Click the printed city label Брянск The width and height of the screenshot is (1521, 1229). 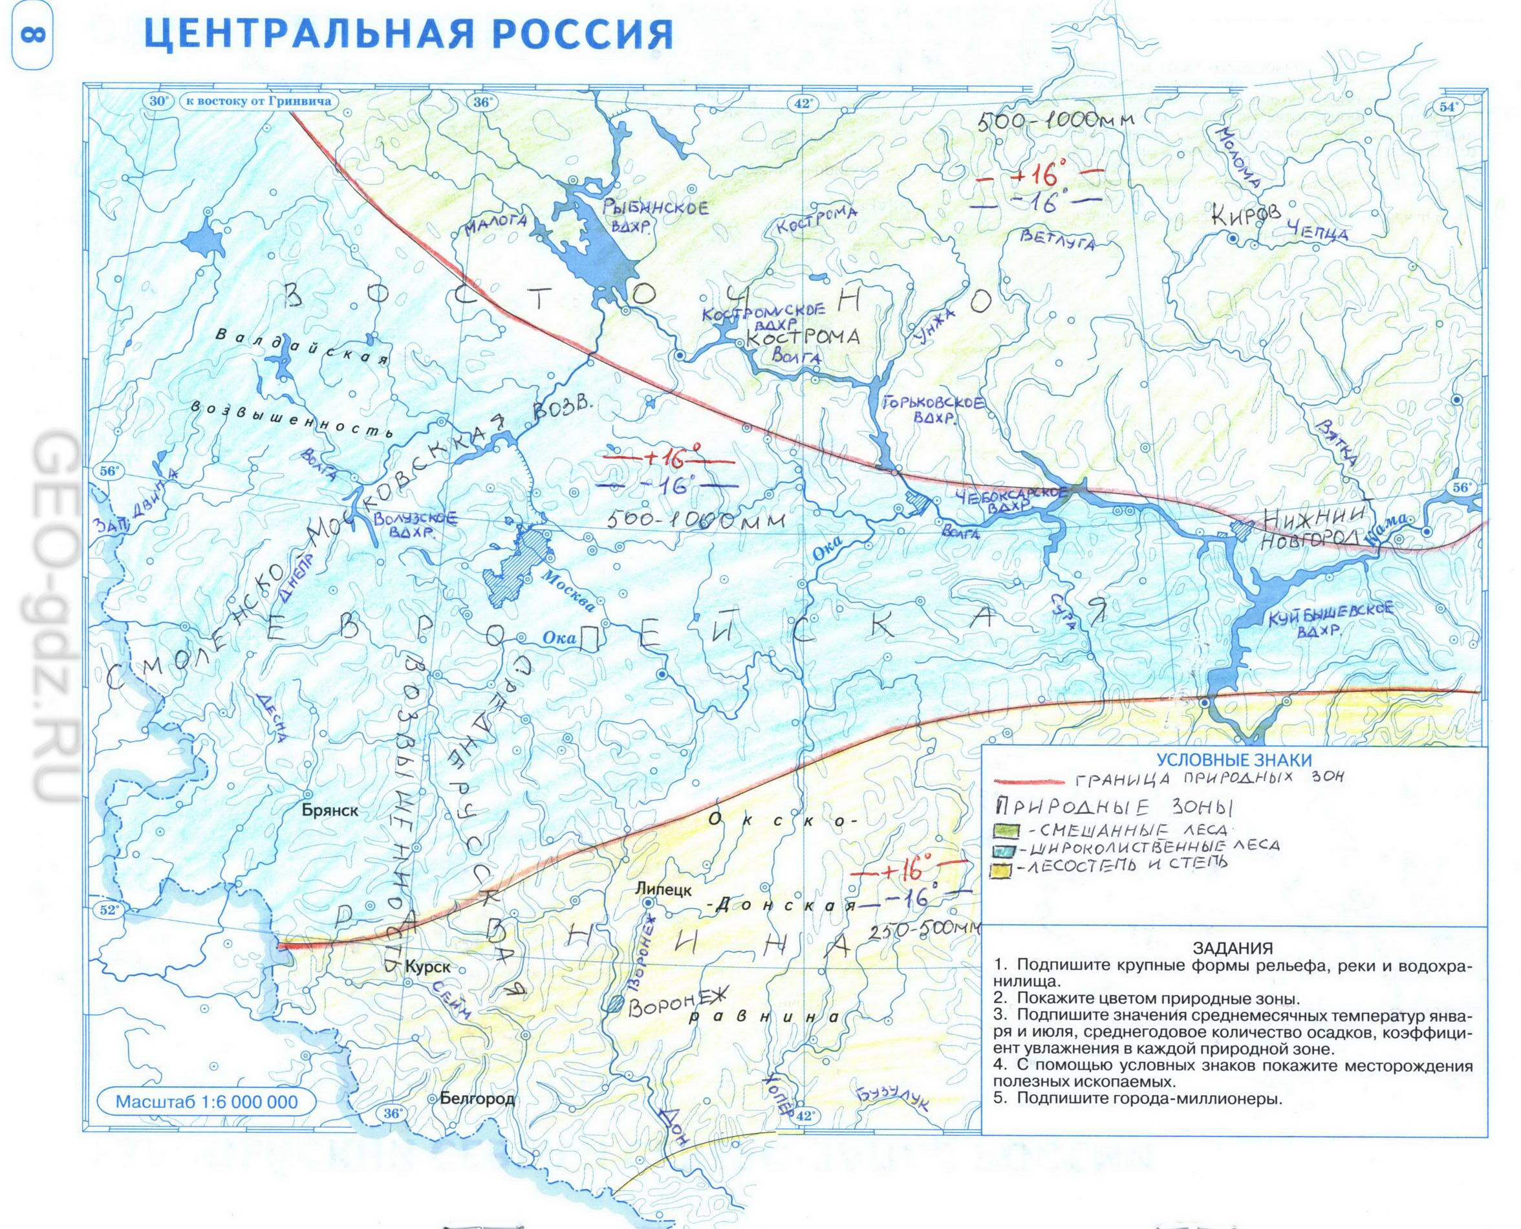tap(330, 810)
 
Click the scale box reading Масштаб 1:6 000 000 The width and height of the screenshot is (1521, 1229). tap(207, 1102)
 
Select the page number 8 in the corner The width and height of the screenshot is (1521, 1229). tap(32, 35)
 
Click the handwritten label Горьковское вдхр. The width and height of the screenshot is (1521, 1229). tap(933, 409)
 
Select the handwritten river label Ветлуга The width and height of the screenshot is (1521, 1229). tap(1057, 239)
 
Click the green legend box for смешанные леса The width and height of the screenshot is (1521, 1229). tap(1006, 830)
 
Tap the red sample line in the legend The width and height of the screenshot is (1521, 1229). tap(1030, 781)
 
